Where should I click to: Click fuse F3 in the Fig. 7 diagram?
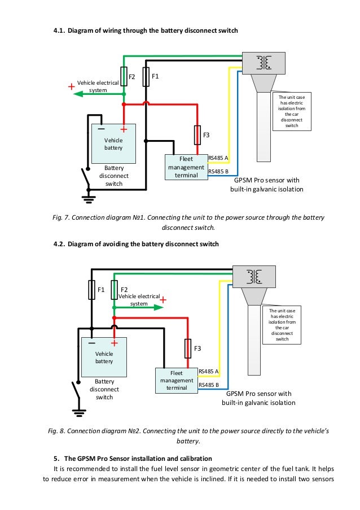pos(197,134)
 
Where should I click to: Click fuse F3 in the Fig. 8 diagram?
pos(188,348)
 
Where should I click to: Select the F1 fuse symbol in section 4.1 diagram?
pos(146,76)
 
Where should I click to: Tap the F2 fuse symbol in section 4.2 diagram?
pos(114,289)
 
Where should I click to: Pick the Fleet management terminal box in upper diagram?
pos(186,167)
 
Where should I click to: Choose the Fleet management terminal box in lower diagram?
pos(177,380)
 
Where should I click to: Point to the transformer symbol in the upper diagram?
pos(263,63)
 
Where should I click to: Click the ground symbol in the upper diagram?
pos(88,198)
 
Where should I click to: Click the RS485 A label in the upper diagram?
pos(218,158)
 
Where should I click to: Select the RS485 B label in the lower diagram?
pos(209,385)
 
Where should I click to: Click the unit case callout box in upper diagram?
pos(292,112)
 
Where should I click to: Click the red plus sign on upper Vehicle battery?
pos(123,129)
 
